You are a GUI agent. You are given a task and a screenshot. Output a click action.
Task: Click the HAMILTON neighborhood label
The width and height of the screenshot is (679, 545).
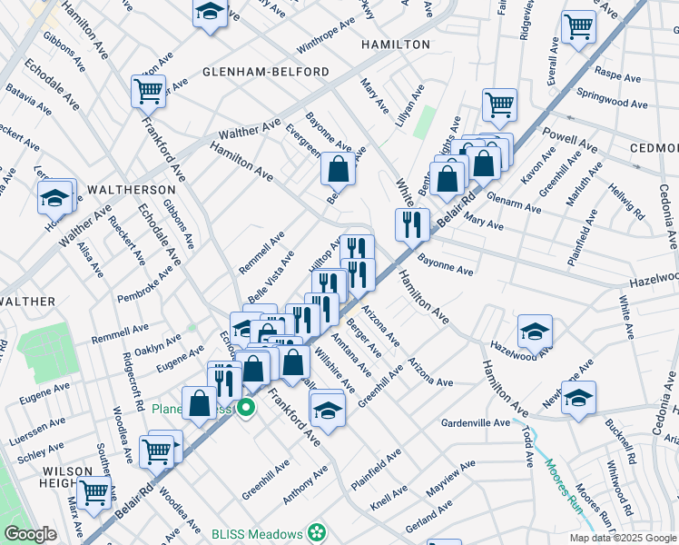(395, 45)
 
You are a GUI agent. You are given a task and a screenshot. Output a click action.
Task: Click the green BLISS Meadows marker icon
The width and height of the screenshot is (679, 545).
(317, 531)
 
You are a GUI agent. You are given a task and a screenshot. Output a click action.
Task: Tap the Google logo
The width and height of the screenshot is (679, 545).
(30, 534)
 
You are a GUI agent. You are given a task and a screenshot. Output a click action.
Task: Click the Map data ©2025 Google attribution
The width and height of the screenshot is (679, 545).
(622, 538)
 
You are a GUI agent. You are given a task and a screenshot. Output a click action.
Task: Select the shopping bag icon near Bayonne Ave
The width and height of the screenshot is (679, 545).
(338, 169)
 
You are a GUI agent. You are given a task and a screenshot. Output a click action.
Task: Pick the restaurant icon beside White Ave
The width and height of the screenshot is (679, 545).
(412, 224)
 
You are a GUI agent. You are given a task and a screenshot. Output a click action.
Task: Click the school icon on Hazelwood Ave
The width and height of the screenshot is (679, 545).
(536, 332)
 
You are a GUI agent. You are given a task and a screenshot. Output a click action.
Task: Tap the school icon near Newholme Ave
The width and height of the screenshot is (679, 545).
(578, 398)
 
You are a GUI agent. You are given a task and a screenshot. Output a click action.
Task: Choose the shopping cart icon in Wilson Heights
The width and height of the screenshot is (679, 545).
(93, 491)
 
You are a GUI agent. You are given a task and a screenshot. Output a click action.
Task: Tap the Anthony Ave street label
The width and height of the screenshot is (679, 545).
(304, 487)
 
